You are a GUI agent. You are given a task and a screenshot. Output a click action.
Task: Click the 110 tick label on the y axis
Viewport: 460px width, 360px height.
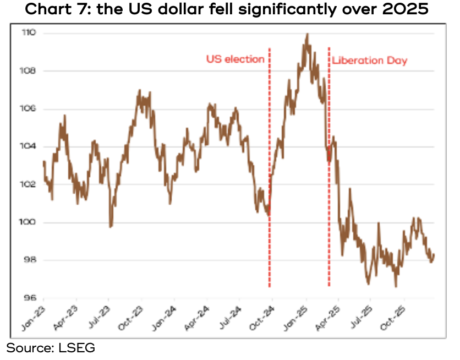(29, 34)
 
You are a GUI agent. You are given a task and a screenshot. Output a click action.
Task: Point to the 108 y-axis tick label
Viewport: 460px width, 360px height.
(29, 71)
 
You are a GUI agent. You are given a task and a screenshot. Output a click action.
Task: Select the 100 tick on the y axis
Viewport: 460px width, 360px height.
(29, 222)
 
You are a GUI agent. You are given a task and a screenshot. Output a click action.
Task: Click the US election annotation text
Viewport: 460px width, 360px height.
(236, 59)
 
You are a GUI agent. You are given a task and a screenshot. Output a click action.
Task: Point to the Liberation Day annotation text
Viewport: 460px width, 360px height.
(369, 61)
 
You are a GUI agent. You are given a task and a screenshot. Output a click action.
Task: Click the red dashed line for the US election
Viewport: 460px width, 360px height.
(270, 165)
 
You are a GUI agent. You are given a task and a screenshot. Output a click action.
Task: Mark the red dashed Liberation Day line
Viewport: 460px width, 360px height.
(329, 165)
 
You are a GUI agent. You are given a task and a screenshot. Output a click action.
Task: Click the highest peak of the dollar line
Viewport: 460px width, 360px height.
(307, 34)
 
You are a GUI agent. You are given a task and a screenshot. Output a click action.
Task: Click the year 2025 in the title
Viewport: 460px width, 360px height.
(404, 10)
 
